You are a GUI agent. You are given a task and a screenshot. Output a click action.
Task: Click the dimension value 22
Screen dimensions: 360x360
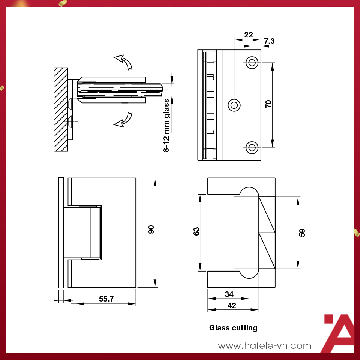point(248,35)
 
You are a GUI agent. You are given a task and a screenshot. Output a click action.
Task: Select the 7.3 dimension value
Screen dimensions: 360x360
point(269,41)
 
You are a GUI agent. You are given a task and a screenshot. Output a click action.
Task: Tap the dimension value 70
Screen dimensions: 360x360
point(268,104)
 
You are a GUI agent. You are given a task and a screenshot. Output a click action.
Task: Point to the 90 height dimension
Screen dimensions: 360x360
point(151,230)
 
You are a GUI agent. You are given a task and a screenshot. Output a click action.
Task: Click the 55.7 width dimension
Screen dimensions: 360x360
point(106,299)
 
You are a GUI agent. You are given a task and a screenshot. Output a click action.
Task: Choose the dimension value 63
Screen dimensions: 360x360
point(196,231)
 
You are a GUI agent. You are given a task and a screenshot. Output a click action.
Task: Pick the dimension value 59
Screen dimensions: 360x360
point(302,232)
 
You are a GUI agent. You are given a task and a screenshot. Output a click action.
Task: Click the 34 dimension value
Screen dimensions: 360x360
point(229,294)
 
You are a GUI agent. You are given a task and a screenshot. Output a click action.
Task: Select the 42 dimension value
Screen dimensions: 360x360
point(232,306)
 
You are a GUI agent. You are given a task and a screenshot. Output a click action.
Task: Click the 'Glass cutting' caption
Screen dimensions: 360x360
point(233,328)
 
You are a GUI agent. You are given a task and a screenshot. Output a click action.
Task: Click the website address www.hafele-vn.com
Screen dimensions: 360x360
point(264,345)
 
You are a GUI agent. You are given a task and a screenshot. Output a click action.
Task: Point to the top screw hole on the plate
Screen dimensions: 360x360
point(252,62)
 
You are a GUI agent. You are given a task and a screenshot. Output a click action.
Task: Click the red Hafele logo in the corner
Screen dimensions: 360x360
point(338,334)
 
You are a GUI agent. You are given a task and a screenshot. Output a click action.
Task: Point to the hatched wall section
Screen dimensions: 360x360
point(61,109)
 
